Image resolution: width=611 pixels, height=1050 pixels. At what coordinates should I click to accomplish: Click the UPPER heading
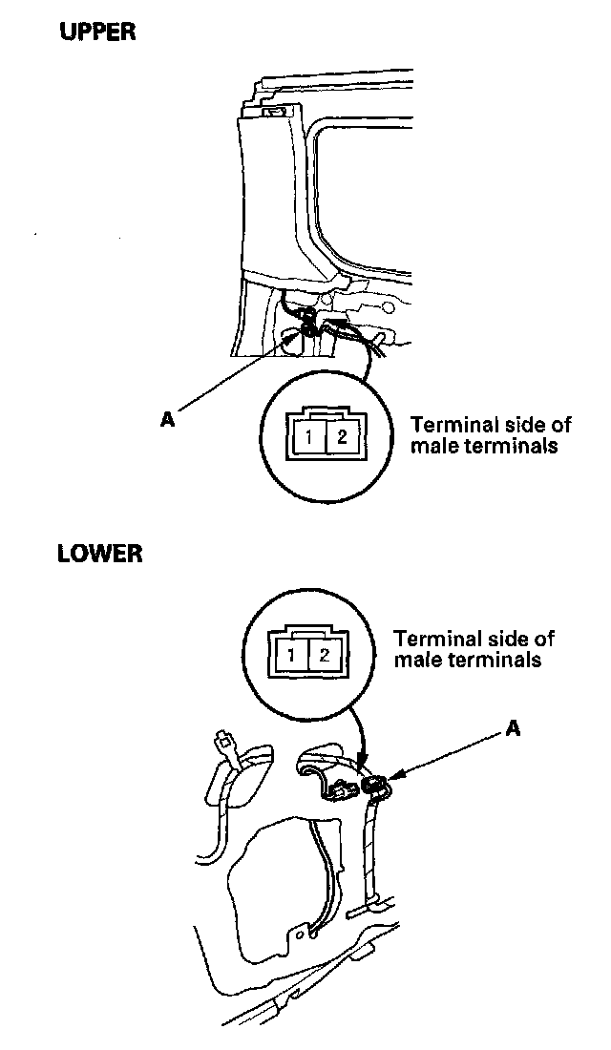click(x=98, y=32)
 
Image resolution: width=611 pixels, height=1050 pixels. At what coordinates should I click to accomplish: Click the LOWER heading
click(x=100, y=554)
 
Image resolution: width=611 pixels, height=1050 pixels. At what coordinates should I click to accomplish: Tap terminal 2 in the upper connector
click(x=342, y=440)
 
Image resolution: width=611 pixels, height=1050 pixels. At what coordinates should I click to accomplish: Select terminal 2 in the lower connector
click(x=325, y=656)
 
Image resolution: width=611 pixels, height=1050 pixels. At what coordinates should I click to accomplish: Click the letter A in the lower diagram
click(x=513, y=728)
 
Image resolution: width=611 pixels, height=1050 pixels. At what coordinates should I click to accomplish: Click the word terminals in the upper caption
click(x=512, y=446)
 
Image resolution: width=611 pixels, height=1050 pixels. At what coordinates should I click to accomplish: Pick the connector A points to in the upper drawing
click(x=307, y=328)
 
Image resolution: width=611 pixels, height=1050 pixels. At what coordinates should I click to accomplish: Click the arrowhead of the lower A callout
click(x=390, y=779)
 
